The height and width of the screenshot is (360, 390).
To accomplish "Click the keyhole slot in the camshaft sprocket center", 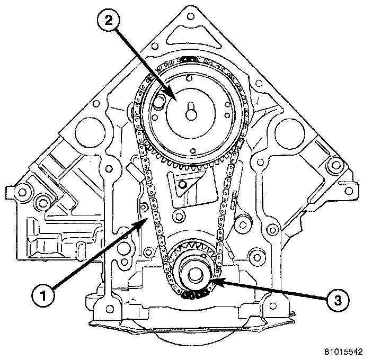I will pos(191,113).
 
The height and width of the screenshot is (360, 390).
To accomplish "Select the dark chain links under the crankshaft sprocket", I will pos(194,295).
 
